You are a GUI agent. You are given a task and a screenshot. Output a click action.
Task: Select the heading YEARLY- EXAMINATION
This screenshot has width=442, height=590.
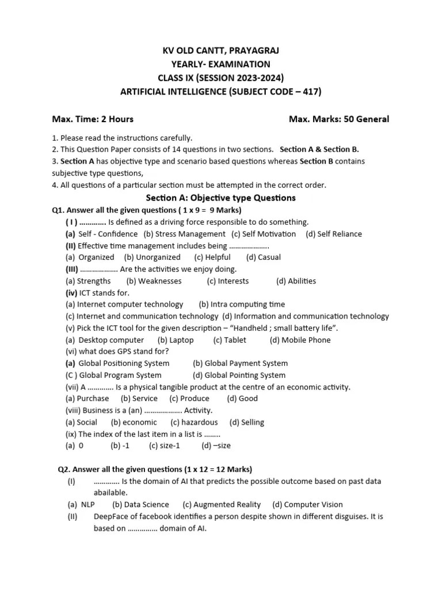pos(221,64)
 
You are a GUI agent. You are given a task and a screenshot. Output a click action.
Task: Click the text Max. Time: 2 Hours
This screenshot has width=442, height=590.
pos(93,119)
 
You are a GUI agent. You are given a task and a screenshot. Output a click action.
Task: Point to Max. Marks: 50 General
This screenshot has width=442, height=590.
pos(338,119)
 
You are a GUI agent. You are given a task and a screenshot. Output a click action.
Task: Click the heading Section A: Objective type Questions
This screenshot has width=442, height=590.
pos(221,198)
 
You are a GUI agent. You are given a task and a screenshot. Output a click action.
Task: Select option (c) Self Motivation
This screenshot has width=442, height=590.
pos(264,234)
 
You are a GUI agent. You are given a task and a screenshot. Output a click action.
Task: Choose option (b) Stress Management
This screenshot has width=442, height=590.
pos(184,234)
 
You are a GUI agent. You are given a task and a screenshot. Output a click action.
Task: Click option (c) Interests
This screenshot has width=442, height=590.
pos(228,281)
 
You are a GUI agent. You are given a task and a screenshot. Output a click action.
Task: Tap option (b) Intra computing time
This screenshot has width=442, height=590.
pos(242,304)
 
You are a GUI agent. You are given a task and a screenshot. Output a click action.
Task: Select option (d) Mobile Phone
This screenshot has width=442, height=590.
pos(300,340)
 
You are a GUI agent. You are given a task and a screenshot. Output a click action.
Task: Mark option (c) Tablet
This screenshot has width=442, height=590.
pos(230,340)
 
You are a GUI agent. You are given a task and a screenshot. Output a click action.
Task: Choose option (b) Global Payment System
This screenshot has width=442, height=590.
pos(240,364)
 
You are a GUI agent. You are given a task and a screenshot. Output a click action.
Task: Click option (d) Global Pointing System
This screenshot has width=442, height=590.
pos(239,375)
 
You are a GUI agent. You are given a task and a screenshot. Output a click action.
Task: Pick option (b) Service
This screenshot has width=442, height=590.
pos(139,399)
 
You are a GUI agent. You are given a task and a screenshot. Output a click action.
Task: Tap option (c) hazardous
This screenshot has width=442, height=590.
pos(194,422)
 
